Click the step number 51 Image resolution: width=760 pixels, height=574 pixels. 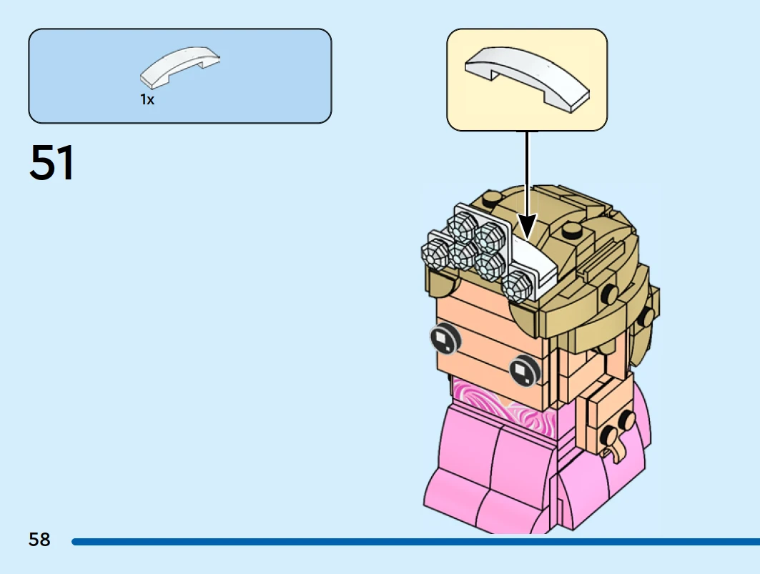click(x=52, y=162)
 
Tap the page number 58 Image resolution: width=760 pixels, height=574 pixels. click(x=39, y=539)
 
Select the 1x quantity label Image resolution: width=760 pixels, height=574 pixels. click(x=147, y=99)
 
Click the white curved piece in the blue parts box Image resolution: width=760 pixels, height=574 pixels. click(x=179, y=67)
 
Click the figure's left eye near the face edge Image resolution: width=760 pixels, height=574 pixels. click(x=445, y=337)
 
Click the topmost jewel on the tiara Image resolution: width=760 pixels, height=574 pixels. click(x=462, y=227)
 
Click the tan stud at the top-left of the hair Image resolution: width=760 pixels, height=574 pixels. click(x=492, y=197)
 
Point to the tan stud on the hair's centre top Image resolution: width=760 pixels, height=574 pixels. click(x=572, y=229)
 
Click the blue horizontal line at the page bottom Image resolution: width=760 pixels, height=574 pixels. click(x=416, y=542)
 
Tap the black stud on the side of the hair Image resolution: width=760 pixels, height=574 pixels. click(x=608, y=293)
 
